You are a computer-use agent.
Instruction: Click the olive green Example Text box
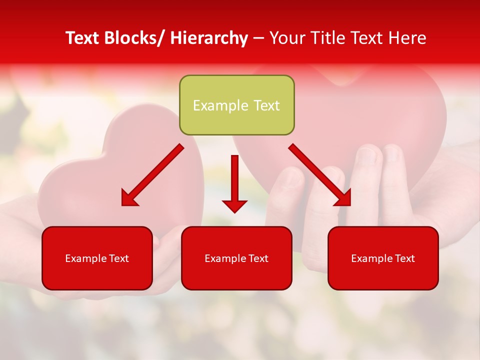click(236, 105)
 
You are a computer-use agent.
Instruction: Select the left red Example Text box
click(97, 258)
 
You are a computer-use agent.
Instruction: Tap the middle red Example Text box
click(236, 258)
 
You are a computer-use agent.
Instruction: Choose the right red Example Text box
click(383, 258)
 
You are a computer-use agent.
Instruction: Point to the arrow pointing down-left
click(152, 175)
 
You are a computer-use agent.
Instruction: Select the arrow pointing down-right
click(320, 175)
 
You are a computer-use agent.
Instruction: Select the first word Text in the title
click(83, 38)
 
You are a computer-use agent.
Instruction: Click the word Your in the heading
click(287, 38)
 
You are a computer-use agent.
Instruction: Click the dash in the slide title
click(259, 38)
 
